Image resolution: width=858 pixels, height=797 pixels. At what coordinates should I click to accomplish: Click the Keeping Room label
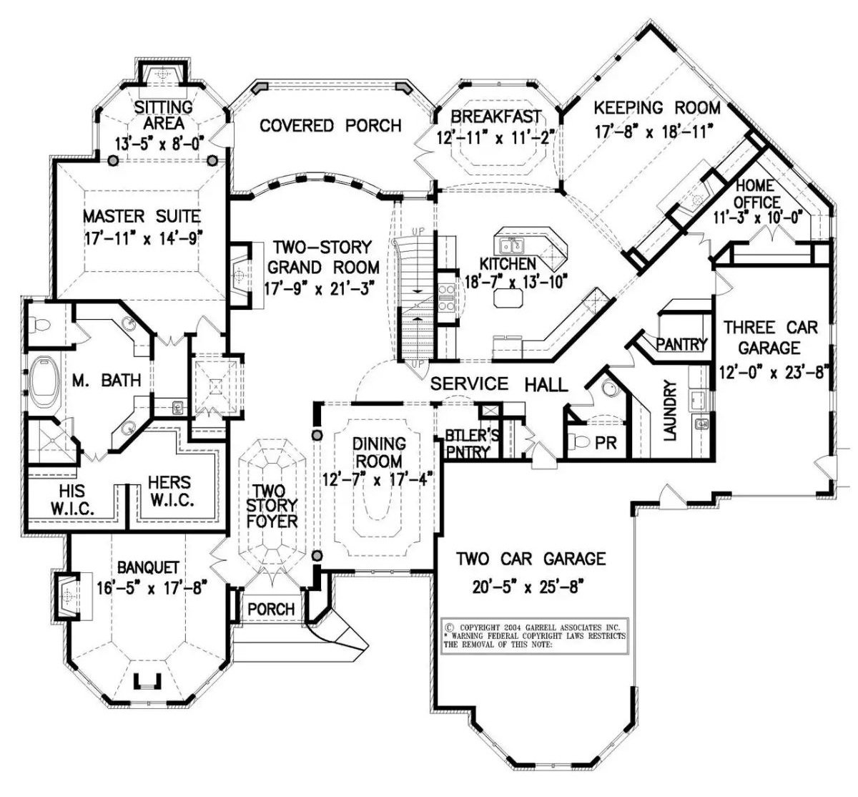[x=657, y=108]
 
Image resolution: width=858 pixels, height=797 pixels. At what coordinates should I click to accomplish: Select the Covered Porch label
[x=330, y=126]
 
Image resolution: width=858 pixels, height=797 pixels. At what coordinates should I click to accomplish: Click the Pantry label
[x=681, y=344]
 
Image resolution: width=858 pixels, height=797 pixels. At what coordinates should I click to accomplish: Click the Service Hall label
[x=498, y=384]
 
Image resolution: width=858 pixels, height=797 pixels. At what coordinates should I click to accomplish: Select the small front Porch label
[x=271, y=609]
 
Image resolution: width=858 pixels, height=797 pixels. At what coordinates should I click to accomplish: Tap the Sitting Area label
[x=164, y=114]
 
